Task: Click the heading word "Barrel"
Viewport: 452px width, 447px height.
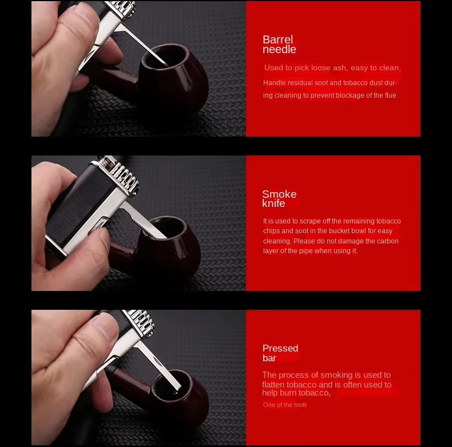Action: click(277, 39)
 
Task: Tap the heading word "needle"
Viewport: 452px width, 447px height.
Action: click(279, 49)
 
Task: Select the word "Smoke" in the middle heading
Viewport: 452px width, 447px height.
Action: click(279, 194)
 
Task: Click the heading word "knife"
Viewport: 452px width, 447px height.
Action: click(273, 203)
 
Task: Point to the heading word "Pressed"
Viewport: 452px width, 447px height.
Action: click(280, 348)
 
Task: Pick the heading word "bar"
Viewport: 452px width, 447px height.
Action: click(269, 358)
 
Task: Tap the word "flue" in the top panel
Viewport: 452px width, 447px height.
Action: click(390, 95)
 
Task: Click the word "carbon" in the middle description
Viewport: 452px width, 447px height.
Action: click(388, 241)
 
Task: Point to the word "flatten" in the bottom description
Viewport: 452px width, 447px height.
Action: click(273, 385)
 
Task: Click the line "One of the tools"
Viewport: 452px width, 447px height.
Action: click(285, 405)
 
